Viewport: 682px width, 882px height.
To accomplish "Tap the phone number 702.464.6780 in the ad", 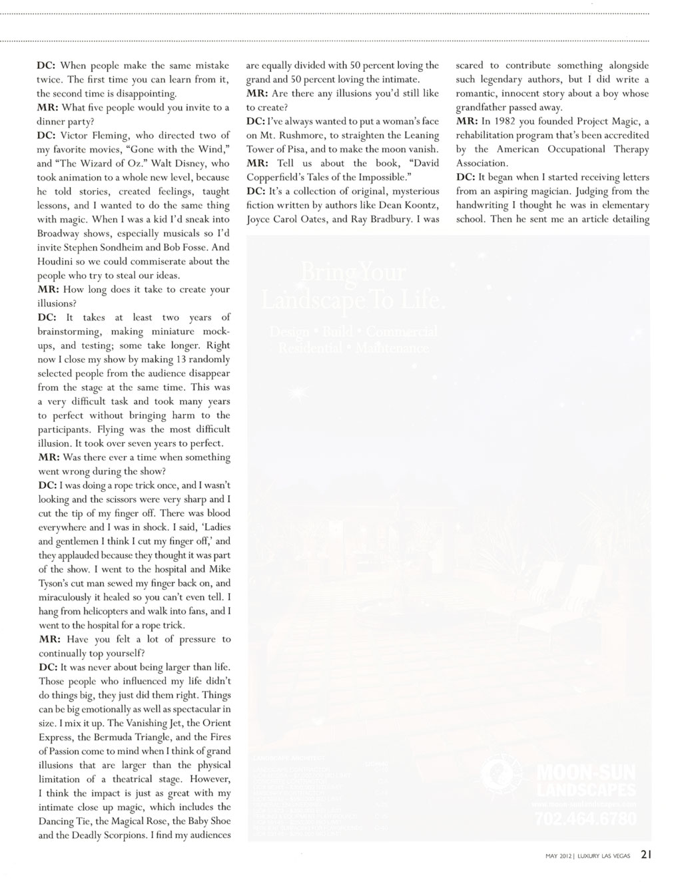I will pos(585,819).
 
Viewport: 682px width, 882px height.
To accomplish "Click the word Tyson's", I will pos(55,583).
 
